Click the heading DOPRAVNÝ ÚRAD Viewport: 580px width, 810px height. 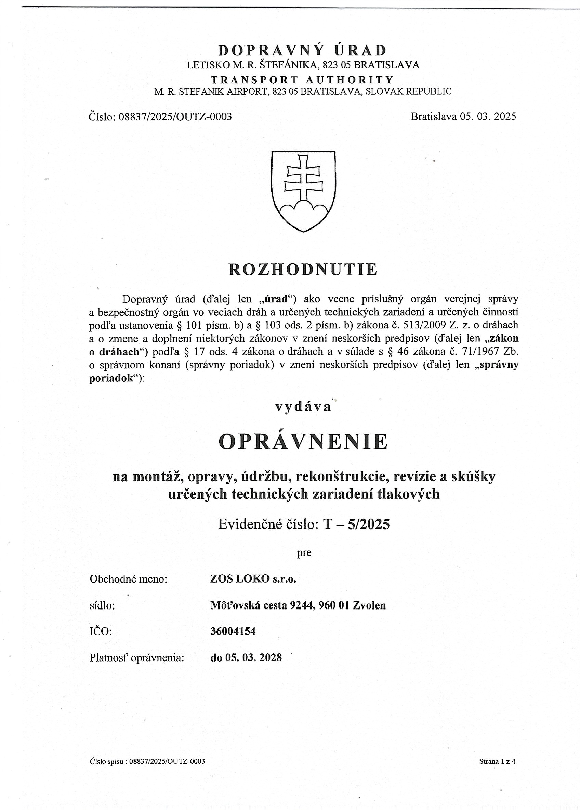tap(303, 50)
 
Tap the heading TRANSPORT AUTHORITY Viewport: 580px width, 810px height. tap(303, 79)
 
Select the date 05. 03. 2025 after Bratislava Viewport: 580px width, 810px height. tap(488, 116)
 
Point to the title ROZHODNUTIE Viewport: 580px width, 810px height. tap(303, 269)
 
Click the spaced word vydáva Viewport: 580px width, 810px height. tap(303, 407)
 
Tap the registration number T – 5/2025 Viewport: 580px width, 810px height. tap(356, 524)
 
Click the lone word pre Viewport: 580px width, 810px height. tap(304, 553)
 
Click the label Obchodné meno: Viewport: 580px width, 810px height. tap(128, 579)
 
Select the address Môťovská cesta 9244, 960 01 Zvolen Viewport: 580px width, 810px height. tap(298, 605)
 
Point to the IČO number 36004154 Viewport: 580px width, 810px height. tap(233, 631)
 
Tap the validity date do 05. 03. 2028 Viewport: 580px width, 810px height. tap(246, 657)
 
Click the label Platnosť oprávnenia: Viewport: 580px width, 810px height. tap(136, 657)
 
